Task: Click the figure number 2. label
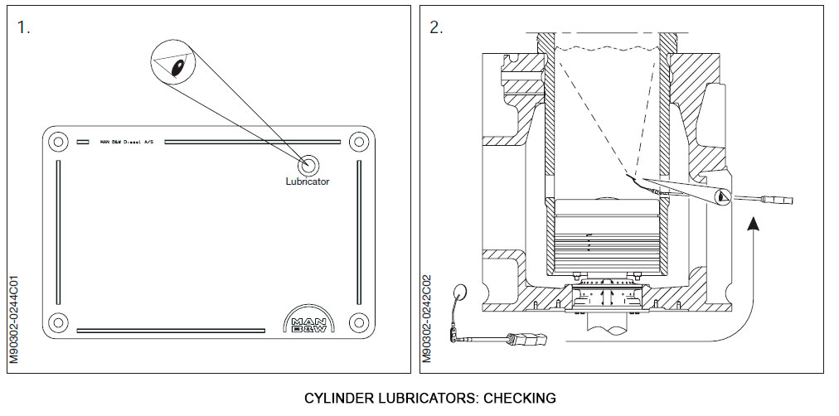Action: coord(435,27)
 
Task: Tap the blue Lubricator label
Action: coord(307,181)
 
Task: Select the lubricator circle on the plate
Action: coord(311,163)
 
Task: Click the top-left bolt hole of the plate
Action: coord(57,142)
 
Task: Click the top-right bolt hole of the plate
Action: coord(358,142)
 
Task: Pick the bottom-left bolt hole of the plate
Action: coord(57,321)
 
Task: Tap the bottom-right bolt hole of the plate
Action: coord(358,321)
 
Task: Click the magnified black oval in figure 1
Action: coord(177,70)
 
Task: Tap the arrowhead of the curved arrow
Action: coord(753,221)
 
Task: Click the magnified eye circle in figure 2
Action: coord(722,196)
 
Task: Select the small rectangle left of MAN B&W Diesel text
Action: coord(83,142)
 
